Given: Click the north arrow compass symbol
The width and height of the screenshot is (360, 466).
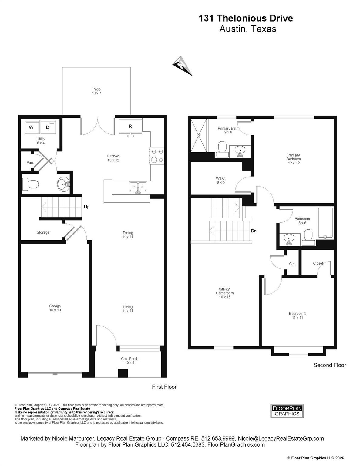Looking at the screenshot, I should coord(182,66).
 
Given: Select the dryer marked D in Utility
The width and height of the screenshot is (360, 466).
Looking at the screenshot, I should coord(48,127).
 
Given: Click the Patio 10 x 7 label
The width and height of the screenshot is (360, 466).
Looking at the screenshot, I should coord(96,91).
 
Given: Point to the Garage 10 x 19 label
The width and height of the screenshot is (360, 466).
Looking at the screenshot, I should coord(55,308).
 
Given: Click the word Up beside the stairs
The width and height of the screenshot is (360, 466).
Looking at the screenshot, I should coord(87,207).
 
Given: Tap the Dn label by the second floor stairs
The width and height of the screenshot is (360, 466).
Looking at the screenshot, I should coord(254,231).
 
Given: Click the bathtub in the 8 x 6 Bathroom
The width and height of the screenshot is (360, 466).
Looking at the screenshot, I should coord(325,223).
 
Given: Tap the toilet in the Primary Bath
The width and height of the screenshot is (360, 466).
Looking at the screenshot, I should coord(222,149).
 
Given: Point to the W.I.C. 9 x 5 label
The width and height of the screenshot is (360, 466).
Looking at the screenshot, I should coord(220,180).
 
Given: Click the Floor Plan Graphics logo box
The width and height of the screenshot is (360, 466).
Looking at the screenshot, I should coord(287,411).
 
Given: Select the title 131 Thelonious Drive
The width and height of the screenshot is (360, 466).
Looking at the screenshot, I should coord(246,19).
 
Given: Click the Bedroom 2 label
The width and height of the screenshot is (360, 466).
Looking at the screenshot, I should coord(298,316).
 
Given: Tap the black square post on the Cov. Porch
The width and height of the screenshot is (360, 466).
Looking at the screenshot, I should coord(123,373).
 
